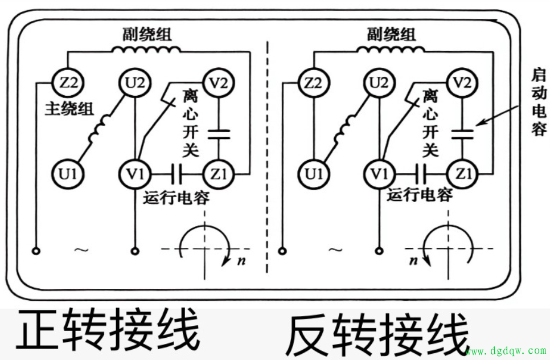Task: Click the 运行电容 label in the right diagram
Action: click(x=420, y=195)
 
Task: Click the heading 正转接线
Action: click(x=108, y=330)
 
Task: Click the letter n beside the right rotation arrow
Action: click(x=414, y=260)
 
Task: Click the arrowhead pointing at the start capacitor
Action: click(x=479, y=123)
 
